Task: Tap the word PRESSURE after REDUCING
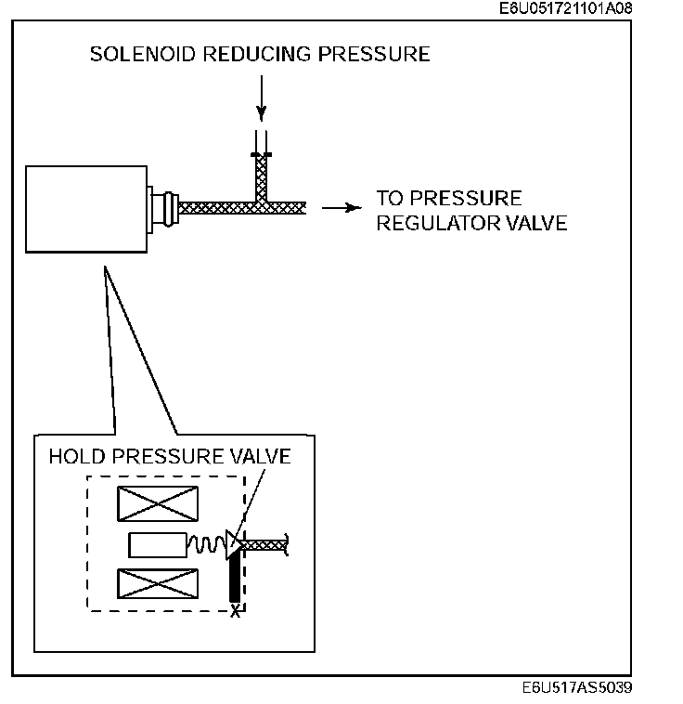tap(374, 54)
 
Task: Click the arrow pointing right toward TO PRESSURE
tap(341, 208)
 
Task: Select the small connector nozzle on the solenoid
tap(164, 207)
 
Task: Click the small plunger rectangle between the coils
tap(157, 543)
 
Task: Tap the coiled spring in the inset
tap(208, 543)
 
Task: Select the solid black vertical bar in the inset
tap(234, 579)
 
